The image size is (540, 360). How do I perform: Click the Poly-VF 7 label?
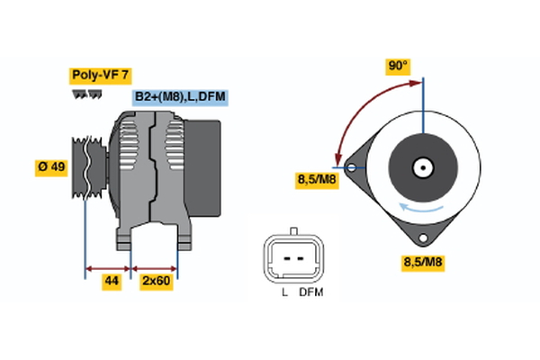click(x=100, y=76)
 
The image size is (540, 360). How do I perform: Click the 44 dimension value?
click(x=112, y=282)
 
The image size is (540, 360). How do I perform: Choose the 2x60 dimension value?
click(x=155, y=282)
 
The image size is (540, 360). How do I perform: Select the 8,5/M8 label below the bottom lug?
click(x=421, y=264)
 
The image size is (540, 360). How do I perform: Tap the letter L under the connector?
click(x=283, y=292)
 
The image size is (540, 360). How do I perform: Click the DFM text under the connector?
click(x=310, y=292)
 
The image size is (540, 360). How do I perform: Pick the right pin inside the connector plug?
click(x=299, y=256)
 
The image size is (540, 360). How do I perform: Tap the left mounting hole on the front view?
click(x=350, y=167)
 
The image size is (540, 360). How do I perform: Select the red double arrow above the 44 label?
click(x=108, y=267)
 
